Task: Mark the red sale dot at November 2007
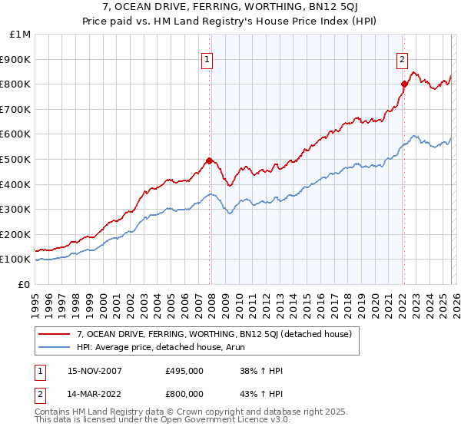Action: point(209,160)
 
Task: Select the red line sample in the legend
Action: point(55,334)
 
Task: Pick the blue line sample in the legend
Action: point(55,347)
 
